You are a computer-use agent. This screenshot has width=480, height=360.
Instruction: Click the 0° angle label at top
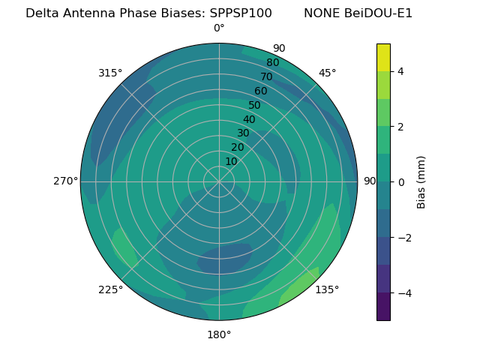point(219,28)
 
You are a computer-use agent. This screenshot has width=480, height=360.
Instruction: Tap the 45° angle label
point(327,73)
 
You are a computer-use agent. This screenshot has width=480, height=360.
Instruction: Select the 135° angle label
point(327,289)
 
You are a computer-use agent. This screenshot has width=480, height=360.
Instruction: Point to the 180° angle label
point(219,334)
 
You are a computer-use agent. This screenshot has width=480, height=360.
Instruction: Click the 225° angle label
point(110,289)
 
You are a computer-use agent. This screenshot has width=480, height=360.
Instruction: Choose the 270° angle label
point(65,181)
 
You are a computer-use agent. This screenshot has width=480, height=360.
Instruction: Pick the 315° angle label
point(110,73)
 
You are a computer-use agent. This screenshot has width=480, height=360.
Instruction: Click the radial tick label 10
point(231,161)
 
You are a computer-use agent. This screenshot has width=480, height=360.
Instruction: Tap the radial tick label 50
point(254,105)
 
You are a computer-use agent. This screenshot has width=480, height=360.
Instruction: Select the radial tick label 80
point(272,62)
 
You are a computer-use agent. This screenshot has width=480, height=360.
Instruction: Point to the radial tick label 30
point(243,133)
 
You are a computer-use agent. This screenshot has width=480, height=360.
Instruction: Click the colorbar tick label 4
point(400,71)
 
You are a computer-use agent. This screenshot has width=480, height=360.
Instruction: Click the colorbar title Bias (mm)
point(421,181)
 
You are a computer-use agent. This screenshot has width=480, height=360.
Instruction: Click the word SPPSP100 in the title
point(241,13)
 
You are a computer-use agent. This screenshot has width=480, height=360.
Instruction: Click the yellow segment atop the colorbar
point(383,57)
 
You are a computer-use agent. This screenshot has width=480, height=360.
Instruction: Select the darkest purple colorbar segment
point(383,307)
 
